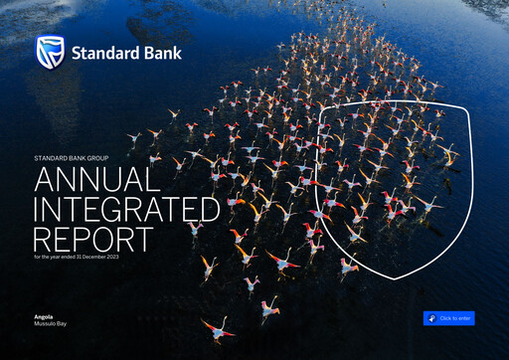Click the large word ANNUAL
coord(96,180)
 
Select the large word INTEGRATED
coord(126,210)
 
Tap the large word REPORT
coord(93,240)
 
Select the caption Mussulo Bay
coord(51,324)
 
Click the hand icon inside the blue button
coord(431,318)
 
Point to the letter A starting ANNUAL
coord(44,180)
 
